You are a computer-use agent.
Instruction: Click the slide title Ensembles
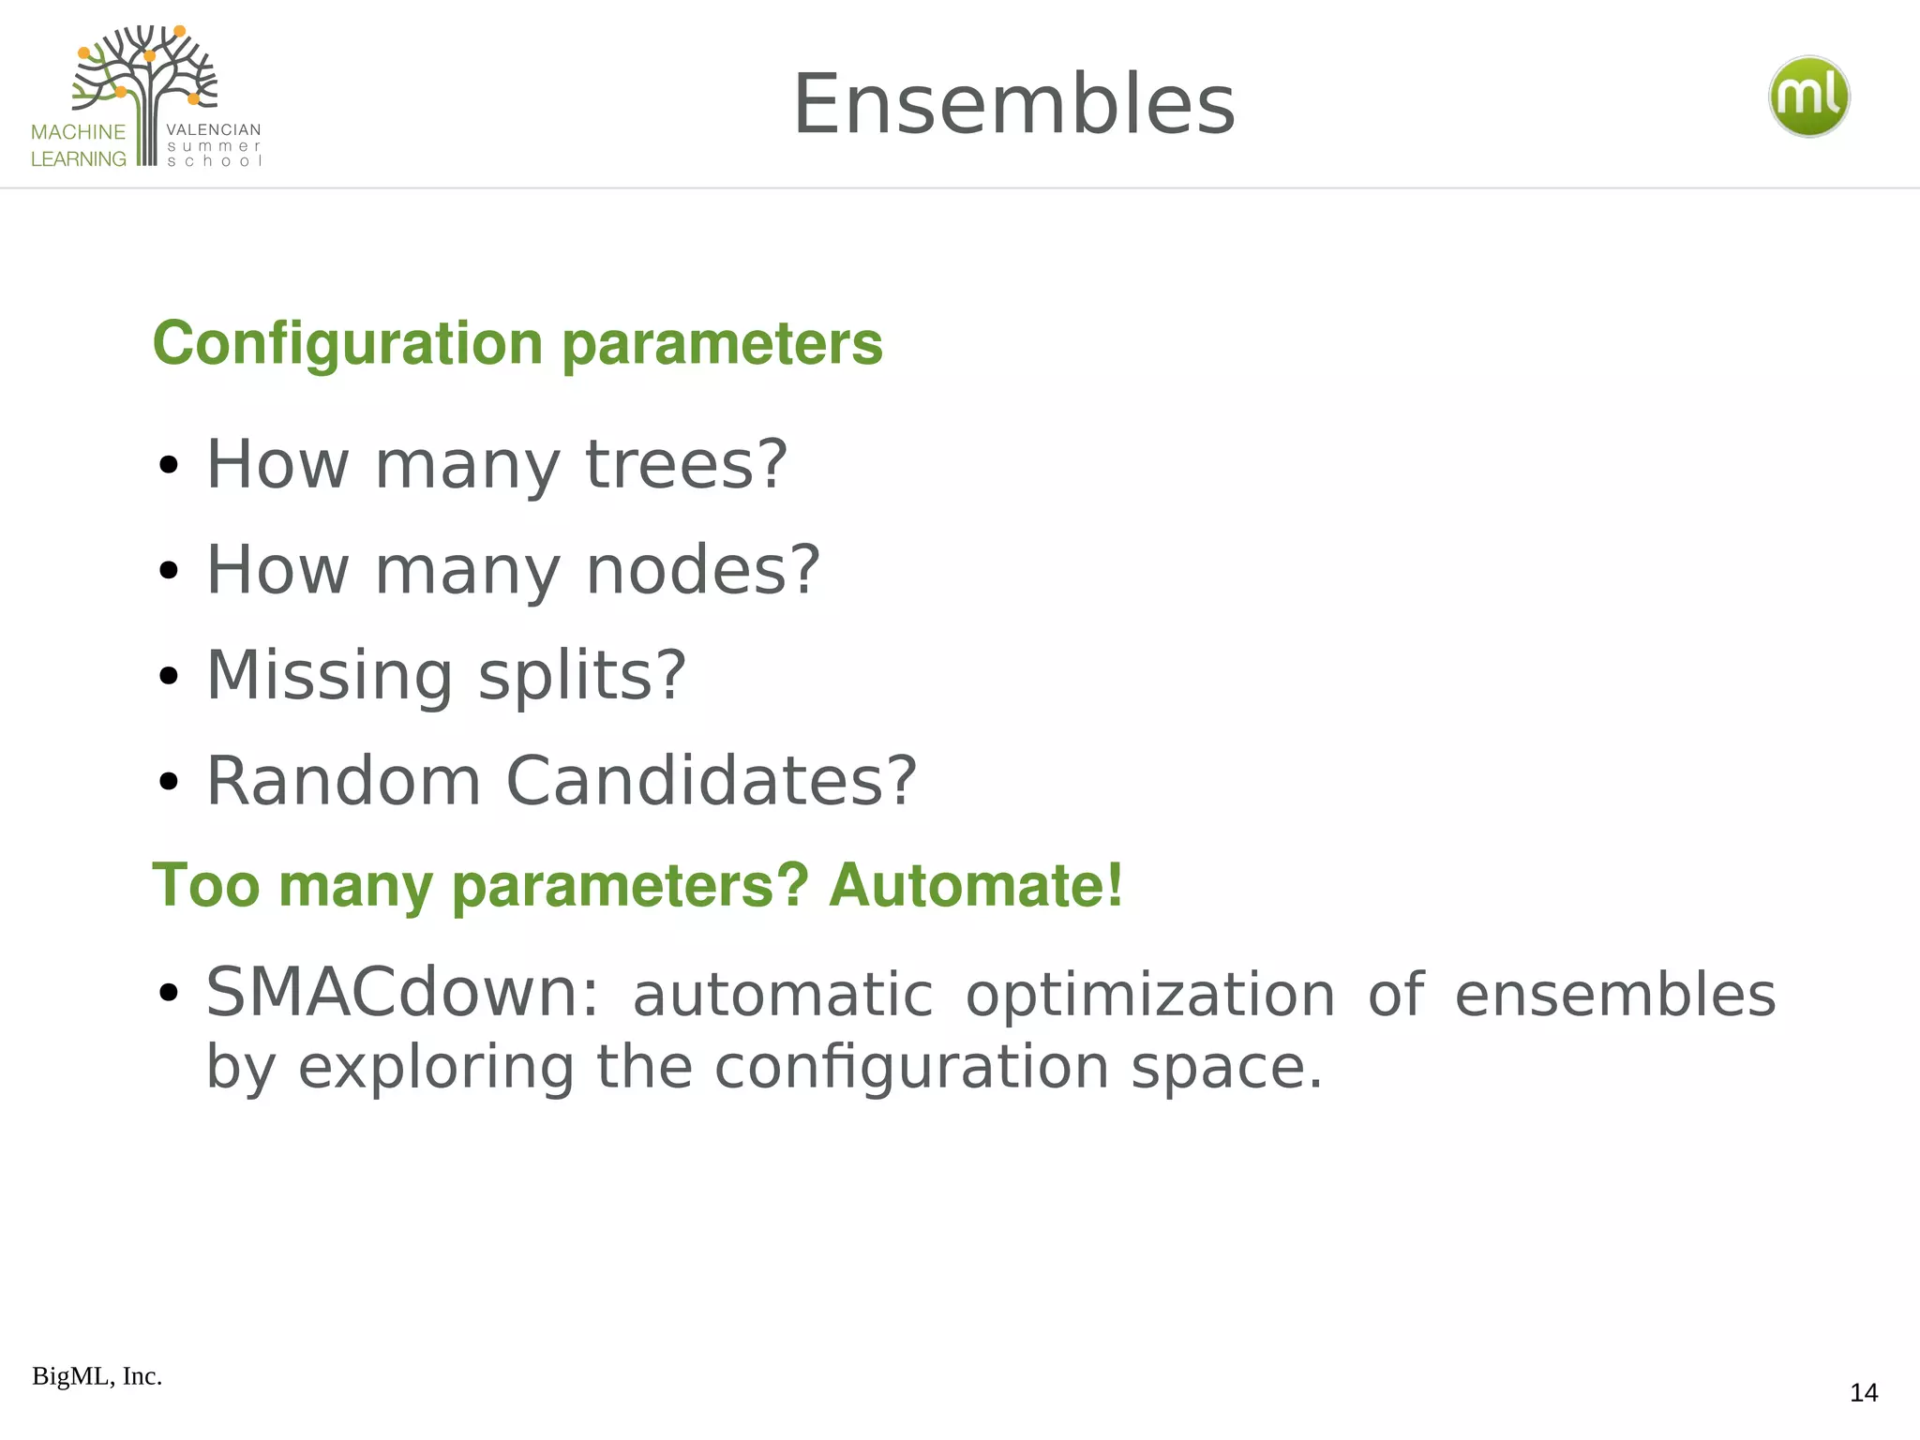point(1013,104)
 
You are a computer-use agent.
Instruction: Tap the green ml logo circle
point(1808,97)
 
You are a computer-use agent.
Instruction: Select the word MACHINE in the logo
point(78,132)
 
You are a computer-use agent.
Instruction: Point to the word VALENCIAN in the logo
point(213,129)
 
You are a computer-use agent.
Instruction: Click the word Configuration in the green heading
point(348,343)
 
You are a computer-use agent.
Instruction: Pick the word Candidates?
point(711,780)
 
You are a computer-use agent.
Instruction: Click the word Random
point(343,780)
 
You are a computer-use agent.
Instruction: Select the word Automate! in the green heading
point(975,885)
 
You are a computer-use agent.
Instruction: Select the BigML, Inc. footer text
point(97,1376)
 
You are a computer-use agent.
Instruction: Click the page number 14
point(1863,1393)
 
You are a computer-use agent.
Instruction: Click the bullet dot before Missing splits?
point(169,676)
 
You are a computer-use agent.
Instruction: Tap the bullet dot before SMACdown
point(169,993)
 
